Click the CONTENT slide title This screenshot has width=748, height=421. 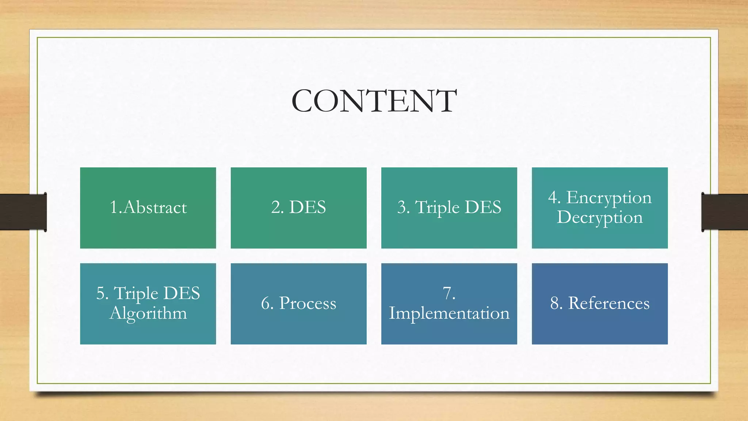(x=374, y=101)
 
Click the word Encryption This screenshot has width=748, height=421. (x=609, y=198)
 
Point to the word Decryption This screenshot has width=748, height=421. (x=600, y=218)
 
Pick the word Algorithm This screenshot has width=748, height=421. (x=148, y=314)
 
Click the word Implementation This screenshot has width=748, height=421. (x=449, y=314)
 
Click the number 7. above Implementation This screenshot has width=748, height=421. (x=449, y=293)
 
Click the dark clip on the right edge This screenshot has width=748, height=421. (x=725, y=212)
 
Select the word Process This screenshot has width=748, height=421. (x=308, y=304)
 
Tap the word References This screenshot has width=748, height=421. (x=609, y=303)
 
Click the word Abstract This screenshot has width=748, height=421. (x=155, y=207)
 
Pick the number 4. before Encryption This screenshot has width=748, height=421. (x=554, y=198)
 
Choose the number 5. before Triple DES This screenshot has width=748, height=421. (x=102, y=293)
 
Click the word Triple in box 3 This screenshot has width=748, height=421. (x=437, y=208)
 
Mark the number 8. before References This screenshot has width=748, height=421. (x=556, y=303)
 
